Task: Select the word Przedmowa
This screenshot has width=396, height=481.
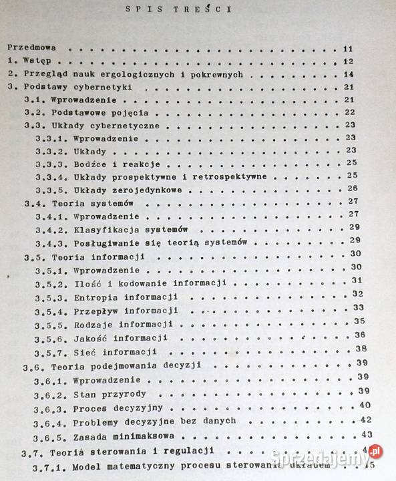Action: (x=32, y=49)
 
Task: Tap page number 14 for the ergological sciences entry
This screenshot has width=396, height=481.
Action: (x=348, y=74)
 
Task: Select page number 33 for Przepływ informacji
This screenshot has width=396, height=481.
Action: (x=358, y=307)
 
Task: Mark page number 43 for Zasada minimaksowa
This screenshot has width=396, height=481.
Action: (x=366, y=434)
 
